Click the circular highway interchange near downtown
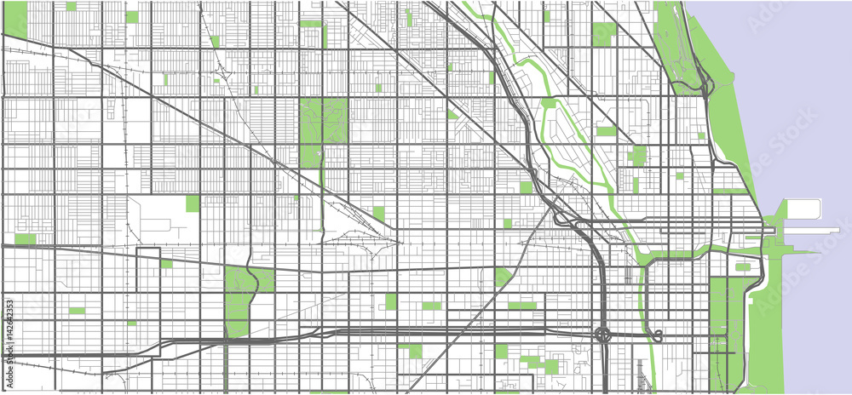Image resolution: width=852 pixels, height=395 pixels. (602, 335)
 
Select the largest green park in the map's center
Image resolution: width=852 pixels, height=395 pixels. (323, 128)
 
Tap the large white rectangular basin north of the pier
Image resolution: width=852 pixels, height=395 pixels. (803, 209)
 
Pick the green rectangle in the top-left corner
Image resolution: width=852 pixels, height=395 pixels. (15, 17)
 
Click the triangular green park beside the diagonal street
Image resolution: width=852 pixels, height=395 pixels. (503, 277)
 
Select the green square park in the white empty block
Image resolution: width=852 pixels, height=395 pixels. (193, 203)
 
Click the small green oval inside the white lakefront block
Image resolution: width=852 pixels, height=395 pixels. (742, 266)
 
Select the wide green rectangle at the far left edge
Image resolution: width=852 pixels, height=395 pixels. (25, 239)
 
